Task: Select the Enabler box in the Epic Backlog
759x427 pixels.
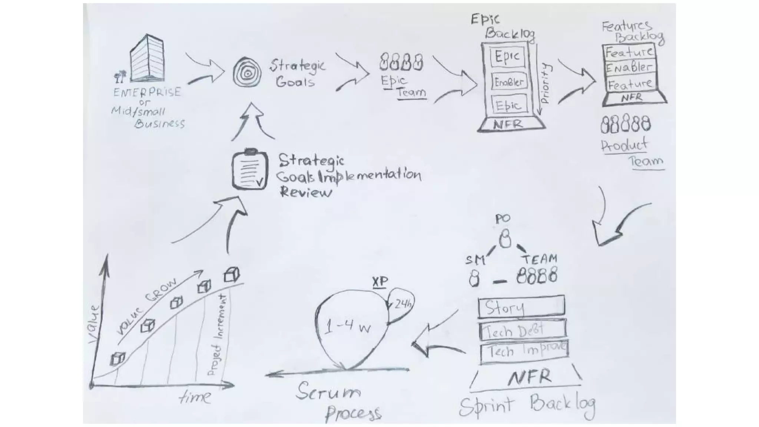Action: click(509, 82)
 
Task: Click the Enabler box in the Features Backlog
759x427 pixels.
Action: click(629, 67)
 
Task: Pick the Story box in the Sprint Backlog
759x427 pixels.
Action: click(521, 307)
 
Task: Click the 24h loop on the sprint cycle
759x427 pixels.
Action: click(401, 305)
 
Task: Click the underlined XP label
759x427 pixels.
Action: click(379, 282)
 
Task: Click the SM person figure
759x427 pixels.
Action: click(474, 278)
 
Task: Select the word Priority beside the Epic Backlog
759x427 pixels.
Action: click(545, 83)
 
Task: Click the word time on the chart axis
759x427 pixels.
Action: click(195, 397)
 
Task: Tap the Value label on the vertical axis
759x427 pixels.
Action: click(94, 324)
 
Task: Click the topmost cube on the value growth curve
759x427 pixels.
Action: click(232, 275)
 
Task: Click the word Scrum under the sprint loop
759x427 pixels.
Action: click(328, 391)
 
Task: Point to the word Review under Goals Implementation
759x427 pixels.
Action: click(305, 192)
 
